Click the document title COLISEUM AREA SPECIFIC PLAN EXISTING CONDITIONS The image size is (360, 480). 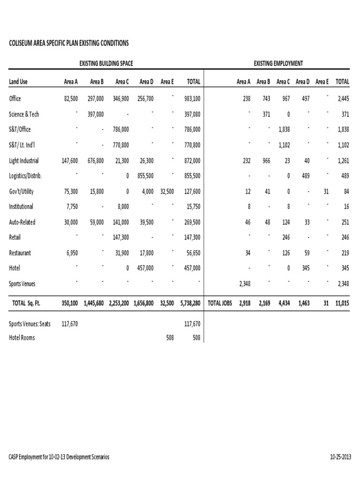click(68, 43)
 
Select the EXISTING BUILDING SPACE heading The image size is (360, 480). click(109, 63)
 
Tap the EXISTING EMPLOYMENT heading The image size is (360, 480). click(278, 63)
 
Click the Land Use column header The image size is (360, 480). click(18, 82)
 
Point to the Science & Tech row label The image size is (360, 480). click(24, 114)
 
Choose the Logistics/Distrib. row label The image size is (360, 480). click(26, 176)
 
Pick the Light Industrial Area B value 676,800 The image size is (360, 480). click(96, 160)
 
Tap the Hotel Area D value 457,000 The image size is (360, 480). click(144, 269)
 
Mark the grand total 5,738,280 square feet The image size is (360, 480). click(190, 303)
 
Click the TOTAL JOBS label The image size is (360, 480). click(220, 303)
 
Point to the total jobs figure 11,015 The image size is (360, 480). click(342, 303)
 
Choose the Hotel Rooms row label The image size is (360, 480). click(22, 337)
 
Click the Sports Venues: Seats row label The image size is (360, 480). click(30, 323)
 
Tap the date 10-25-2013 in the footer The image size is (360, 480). click(341, 457)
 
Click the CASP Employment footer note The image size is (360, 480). click(59, 457)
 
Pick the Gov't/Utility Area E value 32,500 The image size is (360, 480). click(167, 191)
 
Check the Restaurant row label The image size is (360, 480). click(20, 253)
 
